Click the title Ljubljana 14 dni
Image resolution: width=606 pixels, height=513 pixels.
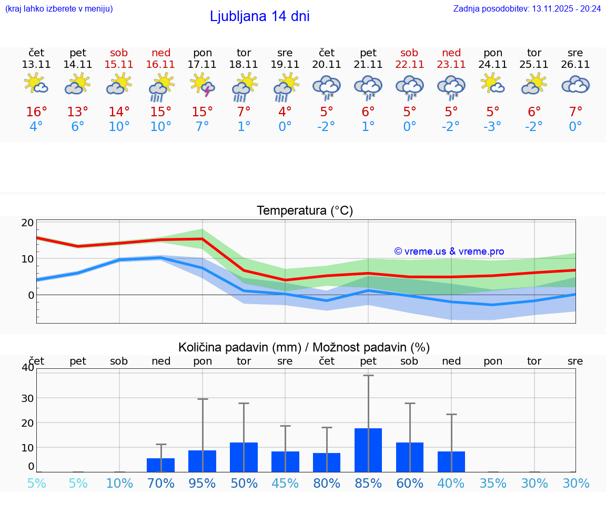(259, 16)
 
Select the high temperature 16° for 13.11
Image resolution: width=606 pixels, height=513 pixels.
(36, 112)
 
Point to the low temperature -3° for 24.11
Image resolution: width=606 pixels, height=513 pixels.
(493, 127)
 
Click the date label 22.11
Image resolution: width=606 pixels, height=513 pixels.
(409, 65)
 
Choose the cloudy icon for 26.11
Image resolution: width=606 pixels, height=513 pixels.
(575, 85)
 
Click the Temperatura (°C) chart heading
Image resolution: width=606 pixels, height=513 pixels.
(305, 211)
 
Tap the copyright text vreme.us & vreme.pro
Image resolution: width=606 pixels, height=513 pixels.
(449, 252)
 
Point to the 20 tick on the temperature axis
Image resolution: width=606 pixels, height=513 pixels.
(27, 223)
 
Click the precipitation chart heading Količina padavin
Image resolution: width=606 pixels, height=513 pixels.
(304, 347)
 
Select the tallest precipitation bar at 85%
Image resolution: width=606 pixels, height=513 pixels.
(368, 450)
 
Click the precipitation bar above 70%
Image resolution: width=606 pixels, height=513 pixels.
(161, 465)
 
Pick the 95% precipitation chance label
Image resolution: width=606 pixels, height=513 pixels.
(203, 484)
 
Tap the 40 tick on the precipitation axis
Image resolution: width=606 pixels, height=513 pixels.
(27, 368)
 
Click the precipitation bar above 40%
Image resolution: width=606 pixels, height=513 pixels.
(451, 462)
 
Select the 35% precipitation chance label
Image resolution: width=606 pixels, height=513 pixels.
(493, 484)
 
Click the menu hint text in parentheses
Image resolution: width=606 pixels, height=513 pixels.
(59, 8)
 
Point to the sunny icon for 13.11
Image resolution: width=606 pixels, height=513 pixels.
(36, 85)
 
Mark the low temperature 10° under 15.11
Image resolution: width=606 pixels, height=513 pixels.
(119, 127)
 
